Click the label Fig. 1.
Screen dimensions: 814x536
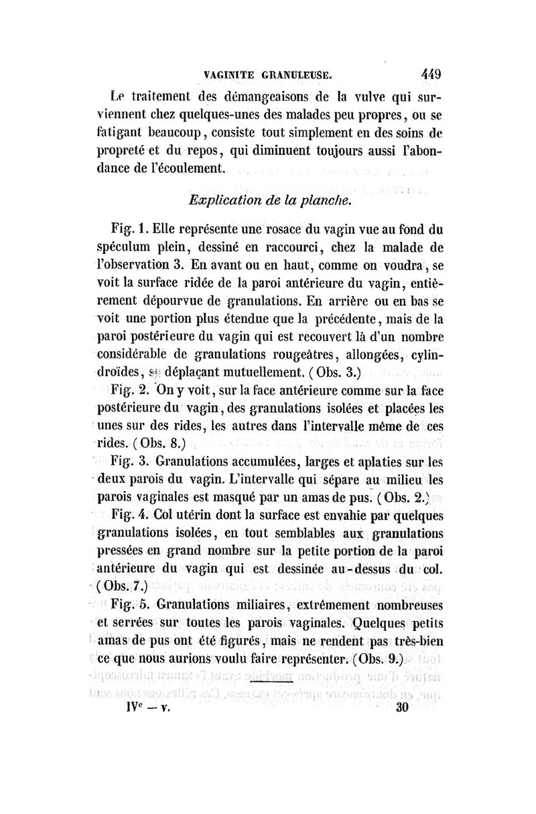(129, 228)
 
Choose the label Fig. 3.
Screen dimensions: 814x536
(129, 462)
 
